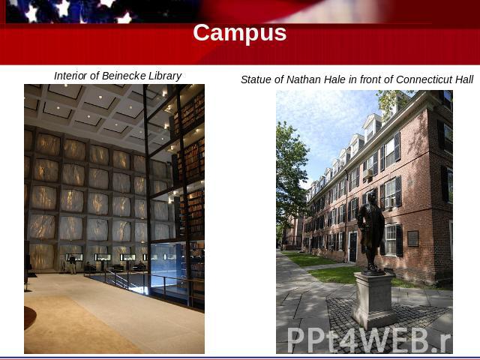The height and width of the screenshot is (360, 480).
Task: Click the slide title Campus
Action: (240, 33)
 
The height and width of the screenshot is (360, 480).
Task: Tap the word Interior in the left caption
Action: (70, 76)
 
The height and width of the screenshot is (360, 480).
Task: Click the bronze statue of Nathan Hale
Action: (370, 232)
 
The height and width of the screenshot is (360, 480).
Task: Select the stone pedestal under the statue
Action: (373, 300)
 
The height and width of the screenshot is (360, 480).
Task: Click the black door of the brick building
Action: (353, 247)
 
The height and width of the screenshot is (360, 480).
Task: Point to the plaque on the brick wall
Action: (413, 238)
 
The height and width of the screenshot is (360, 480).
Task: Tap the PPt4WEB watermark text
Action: (369, 339)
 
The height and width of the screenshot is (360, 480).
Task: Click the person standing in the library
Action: (72, 264)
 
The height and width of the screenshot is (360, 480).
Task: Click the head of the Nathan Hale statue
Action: (372, 198)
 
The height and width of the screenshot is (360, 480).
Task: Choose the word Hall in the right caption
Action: (465, 79)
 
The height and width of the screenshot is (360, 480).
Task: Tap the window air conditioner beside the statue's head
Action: (389, 202)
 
